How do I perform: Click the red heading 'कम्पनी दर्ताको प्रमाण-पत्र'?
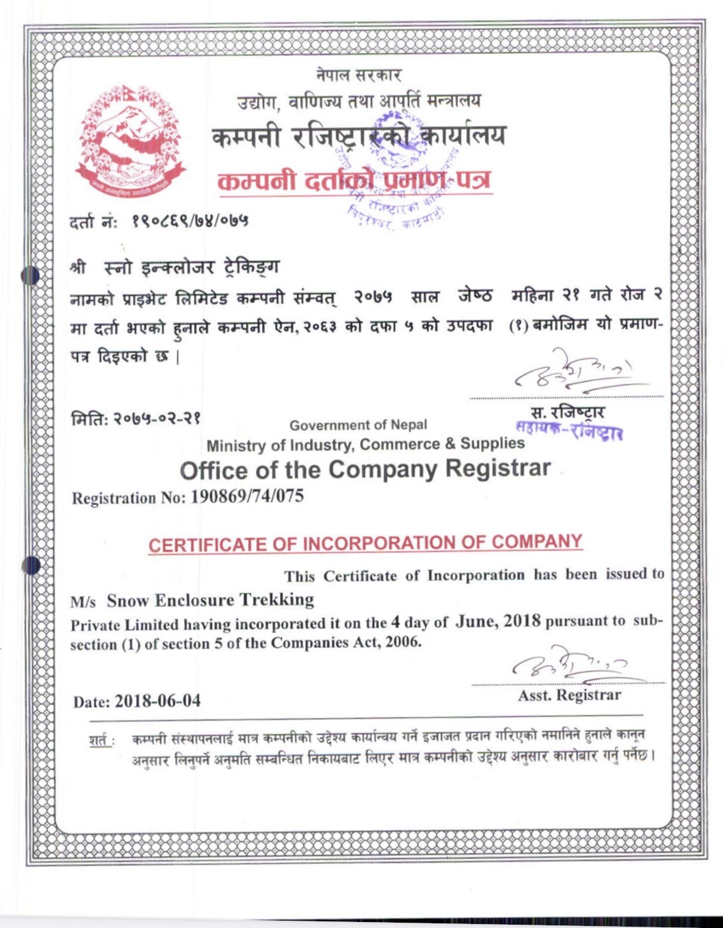point(354,181)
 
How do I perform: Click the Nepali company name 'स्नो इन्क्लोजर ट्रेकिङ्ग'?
point(192,267)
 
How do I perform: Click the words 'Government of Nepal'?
point(358,425)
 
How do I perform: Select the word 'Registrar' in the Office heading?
point(498,468)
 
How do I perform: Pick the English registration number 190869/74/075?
point(247,496)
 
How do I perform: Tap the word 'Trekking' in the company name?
point(277,599)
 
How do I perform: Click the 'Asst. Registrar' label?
point(569,695)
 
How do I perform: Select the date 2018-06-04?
point(157,701)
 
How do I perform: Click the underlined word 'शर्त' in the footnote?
point(100,740)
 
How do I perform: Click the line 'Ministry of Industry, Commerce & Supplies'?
point(366,444)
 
